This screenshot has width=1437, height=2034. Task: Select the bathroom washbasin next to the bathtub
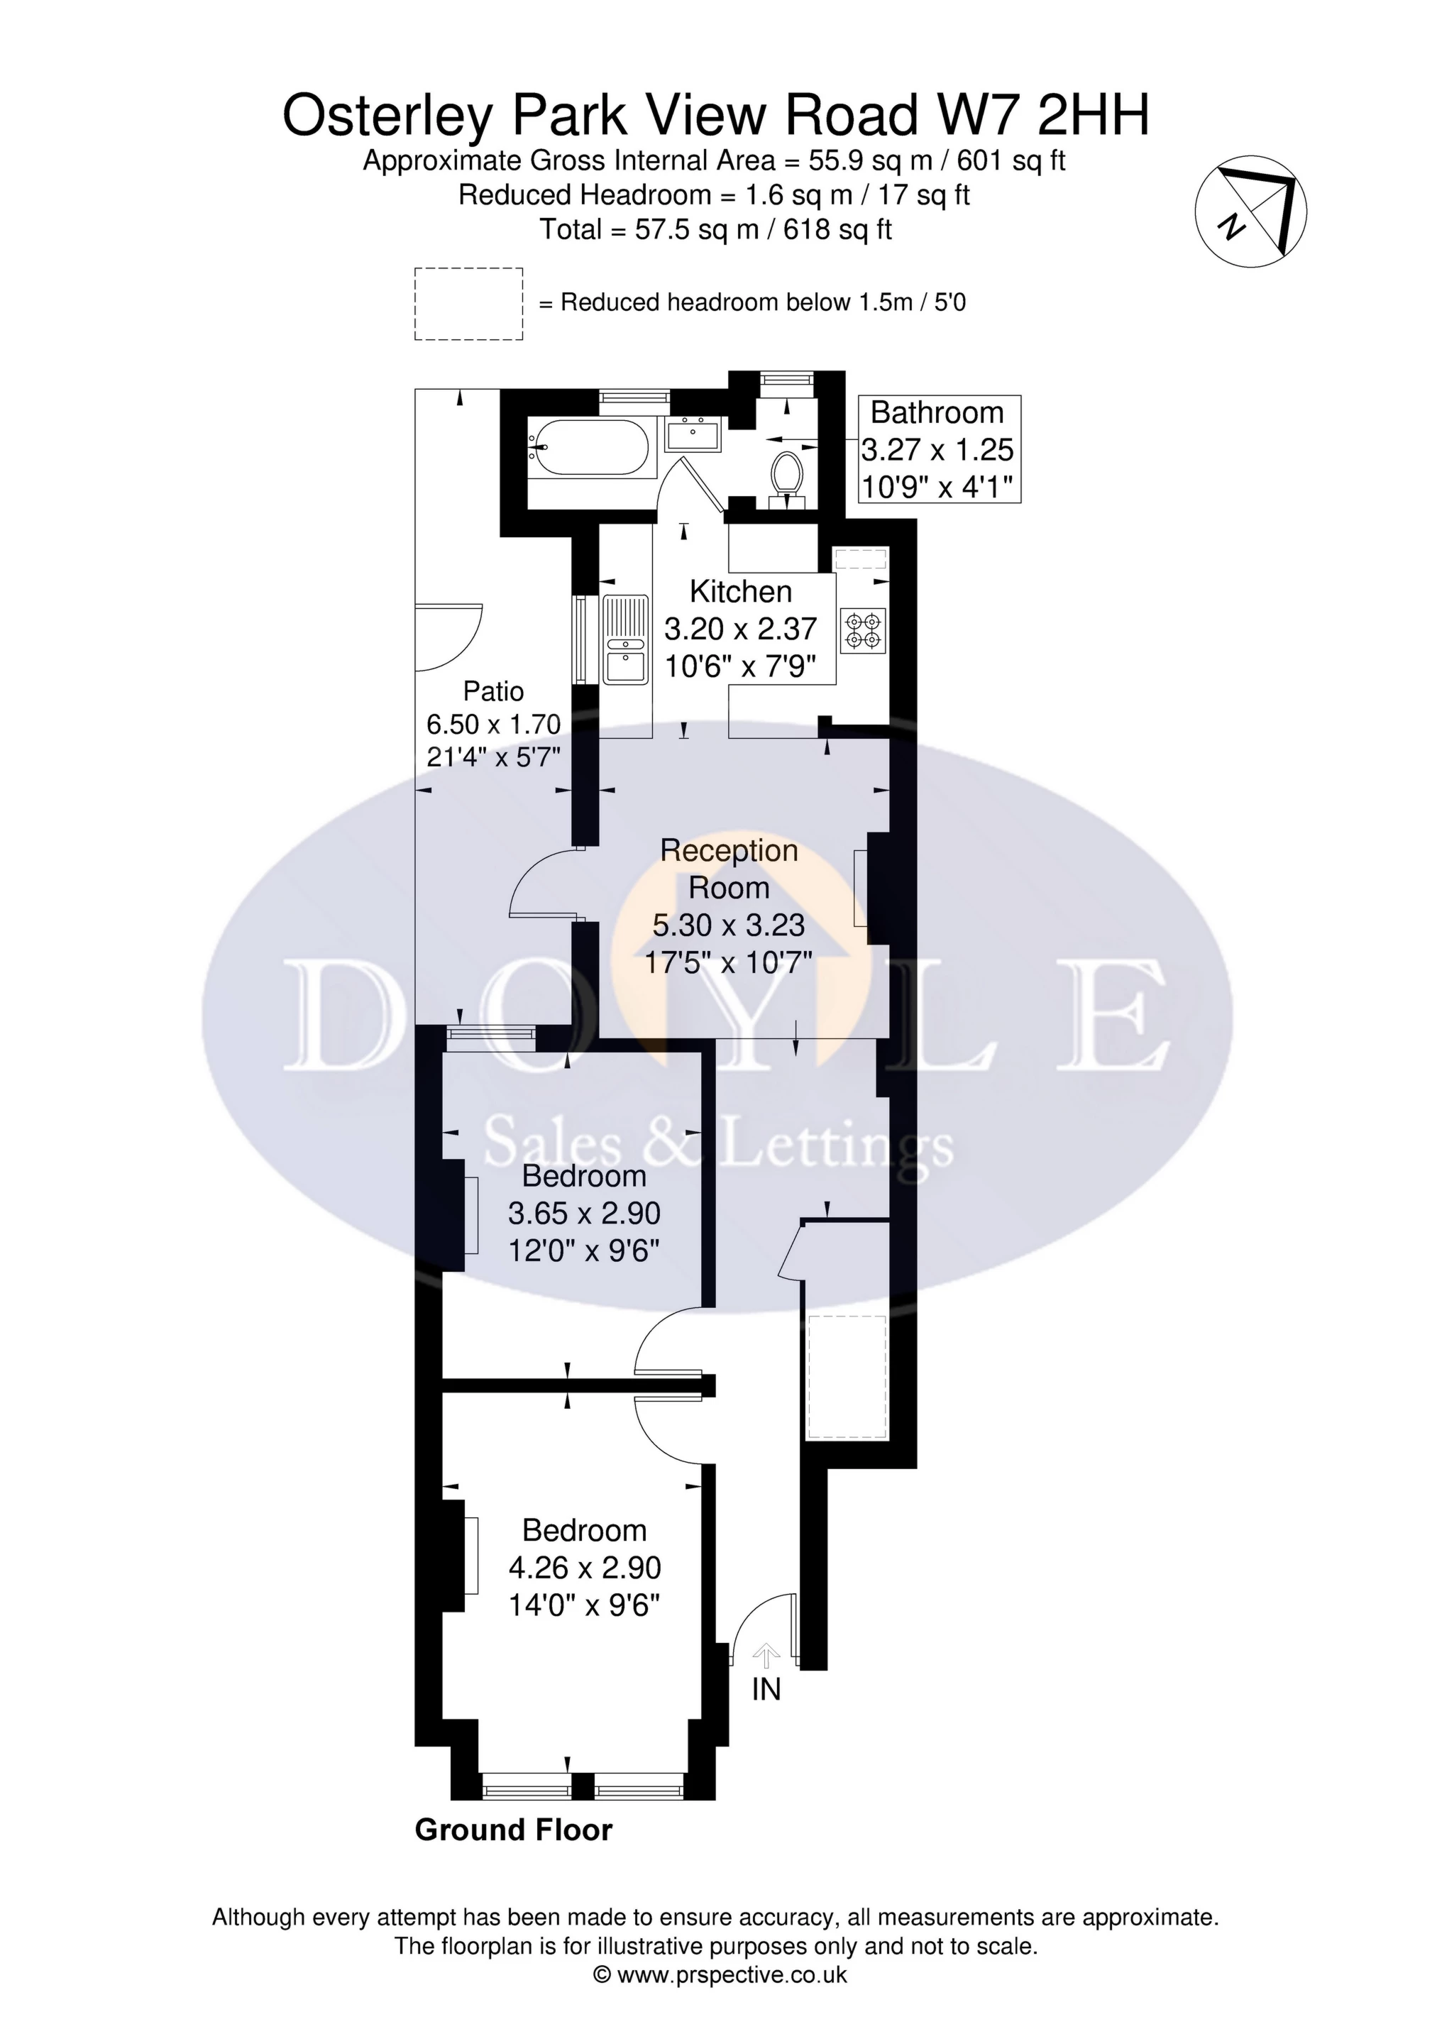click(x=695, y=435)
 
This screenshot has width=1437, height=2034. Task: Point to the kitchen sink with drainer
click(x=624, y=639)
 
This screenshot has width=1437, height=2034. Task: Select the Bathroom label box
click(x=939, y=449)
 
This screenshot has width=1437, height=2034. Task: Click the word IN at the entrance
click(x=766, y=1691)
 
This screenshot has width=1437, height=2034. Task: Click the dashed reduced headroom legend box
click(x=468, y=304)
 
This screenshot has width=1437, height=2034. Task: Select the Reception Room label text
click(x=728, y=868)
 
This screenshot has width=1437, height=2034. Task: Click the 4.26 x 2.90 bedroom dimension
click(x=584, y=1567)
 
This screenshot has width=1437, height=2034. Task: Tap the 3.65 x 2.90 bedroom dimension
click(x=584, y=1213)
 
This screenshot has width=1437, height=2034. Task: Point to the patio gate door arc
click(x=450, y=636)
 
